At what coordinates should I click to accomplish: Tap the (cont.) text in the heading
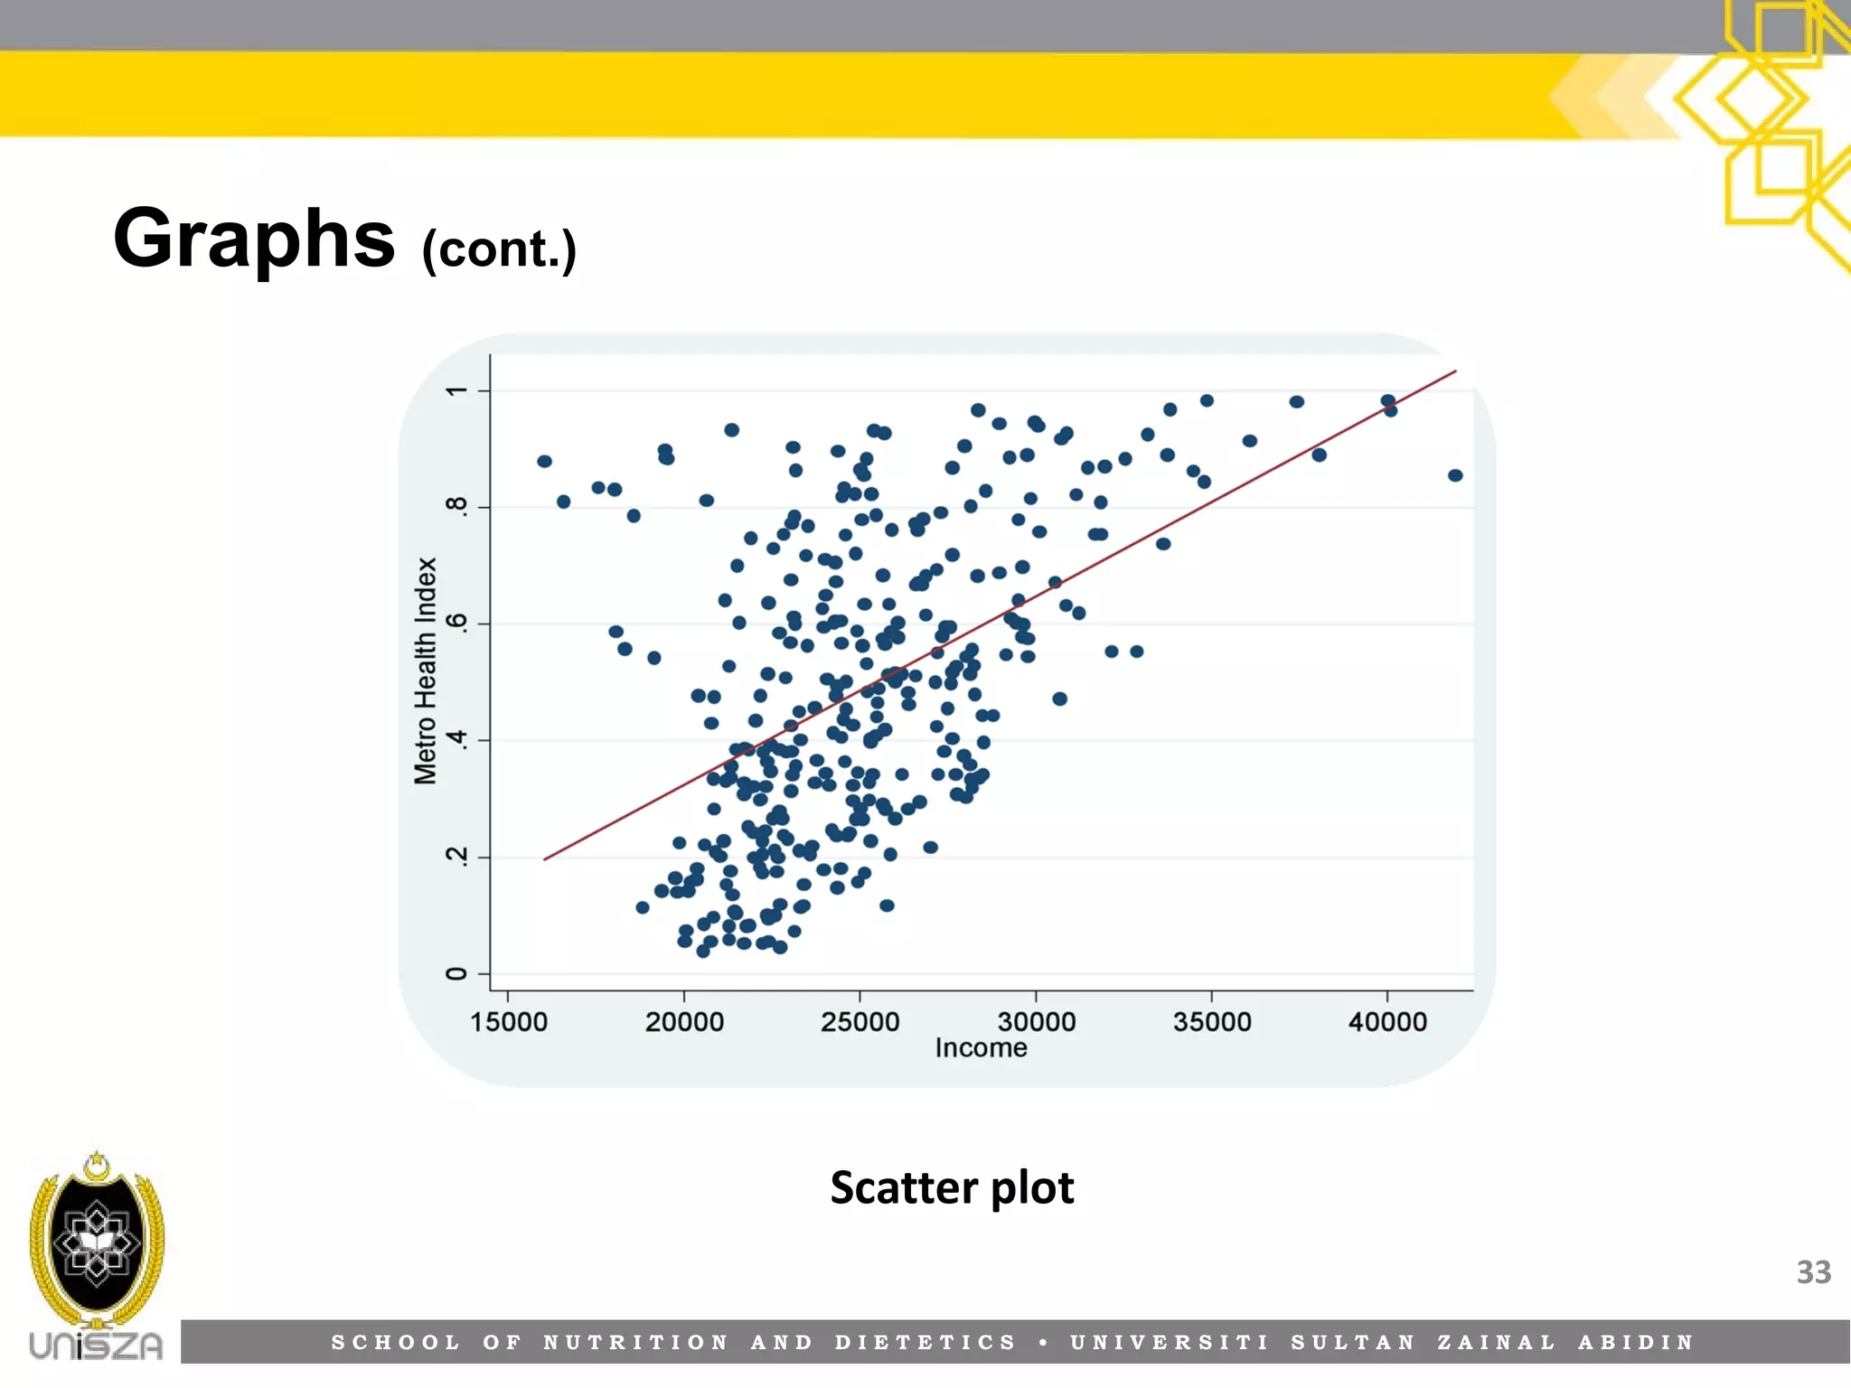(x=499, y=249)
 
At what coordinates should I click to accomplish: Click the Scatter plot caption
(x=952, y=1187)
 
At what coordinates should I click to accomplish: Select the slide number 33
(x=1813, y=1272)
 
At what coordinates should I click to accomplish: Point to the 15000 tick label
(x=508, y=1022)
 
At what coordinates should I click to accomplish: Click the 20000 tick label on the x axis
(x=684, y=1022)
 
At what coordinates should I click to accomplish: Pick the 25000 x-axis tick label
(x=860, y=1022)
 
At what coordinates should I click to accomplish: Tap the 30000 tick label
(x=1036, y=1022)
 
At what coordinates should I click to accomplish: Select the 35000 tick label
(x=1212, y=1022)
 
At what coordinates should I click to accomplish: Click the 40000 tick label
(x=1387, y=1022)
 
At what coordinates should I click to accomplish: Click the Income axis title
(x=981, y=1048)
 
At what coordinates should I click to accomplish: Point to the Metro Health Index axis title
(x=426, y=671)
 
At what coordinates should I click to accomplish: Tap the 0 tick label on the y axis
(x=457, y=973)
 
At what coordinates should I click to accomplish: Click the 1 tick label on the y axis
(x=457, y=390)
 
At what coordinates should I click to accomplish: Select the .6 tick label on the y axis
(x=457, y=623)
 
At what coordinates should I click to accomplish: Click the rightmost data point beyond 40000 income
(x=1455, y=475)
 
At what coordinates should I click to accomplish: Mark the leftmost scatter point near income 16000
(x=544, y=462)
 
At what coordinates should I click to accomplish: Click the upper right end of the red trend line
(x=1453, y=372)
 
